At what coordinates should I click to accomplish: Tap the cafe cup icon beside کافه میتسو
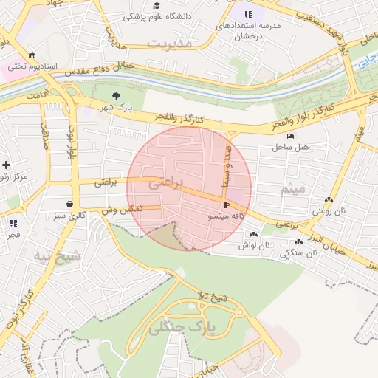(x=225, y=205)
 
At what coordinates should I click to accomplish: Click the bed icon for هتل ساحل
(x=290, y=137)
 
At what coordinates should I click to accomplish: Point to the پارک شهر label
(x=117, y=108)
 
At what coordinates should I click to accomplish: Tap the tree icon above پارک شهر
(x=117, y=96)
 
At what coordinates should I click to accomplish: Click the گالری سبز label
(x=69, y=216)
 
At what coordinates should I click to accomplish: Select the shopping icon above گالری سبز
(x=69, y=205)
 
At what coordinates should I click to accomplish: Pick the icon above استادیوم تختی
(x=32, y=55)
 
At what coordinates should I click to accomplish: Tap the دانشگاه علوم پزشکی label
(x=157, y=16)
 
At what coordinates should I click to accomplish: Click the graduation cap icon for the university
(x=157, y=5)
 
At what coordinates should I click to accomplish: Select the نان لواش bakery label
(x=255, y=245)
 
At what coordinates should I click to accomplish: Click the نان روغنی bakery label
(x=329, y=211)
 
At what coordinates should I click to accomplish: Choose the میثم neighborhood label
(x=292, y=190)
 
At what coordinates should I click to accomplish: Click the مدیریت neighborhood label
(x=169, y=44)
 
